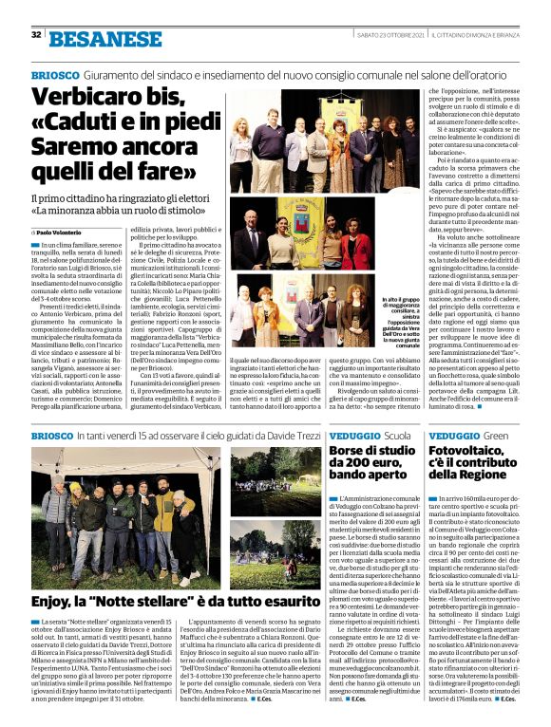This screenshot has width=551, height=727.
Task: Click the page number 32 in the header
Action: (x=36, y=35)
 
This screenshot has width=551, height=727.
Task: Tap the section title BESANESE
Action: (x=92, y=38)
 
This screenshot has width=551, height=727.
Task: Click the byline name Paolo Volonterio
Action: (x=60, y=232)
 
